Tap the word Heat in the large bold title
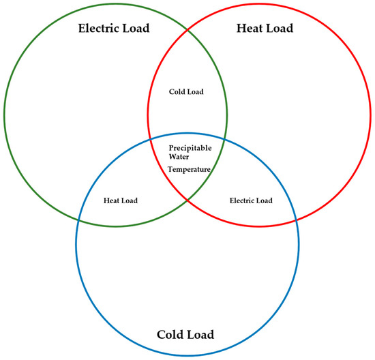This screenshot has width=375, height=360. tap(249, 28)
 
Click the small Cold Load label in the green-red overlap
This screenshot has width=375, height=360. tap(186, 91)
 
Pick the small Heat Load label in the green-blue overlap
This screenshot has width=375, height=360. tap(121, 200)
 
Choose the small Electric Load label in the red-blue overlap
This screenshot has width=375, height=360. tap(251, 200)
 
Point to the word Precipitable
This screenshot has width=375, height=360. tap(190, 149)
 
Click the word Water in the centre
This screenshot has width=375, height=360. tap(179, 157)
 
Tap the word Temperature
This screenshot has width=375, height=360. tap(189, 169)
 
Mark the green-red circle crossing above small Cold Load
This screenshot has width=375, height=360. tap(187, 31)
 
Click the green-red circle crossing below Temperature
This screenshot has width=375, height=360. tap(187, 199)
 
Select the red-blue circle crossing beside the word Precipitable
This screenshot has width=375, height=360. tap(150, 139)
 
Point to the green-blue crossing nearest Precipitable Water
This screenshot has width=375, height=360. tap(224, 139)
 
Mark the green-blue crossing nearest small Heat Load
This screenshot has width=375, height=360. tap(78, 220)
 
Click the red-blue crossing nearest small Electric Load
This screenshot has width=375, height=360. tap(296, 220)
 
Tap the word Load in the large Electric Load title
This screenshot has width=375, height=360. tap(136, 28)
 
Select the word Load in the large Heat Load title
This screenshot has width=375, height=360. tap(280, 28)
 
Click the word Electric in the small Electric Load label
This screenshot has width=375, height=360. tap(241, 200)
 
